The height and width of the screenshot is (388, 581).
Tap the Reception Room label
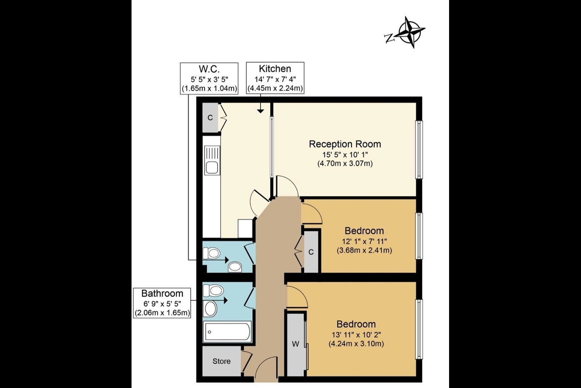345,144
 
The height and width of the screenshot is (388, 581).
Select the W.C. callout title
209,69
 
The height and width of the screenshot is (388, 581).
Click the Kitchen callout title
275,69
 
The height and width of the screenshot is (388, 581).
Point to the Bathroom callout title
162,293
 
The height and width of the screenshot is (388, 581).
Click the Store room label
222,361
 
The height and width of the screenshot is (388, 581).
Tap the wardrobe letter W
295,344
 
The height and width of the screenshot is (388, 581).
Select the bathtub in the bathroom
227,331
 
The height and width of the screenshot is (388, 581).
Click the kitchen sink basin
212,167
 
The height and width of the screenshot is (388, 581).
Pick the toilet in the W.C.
211,253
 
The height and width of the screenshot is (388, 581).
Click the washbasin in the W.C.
235,267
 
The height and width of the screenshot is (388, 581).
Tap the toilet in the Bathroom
213,291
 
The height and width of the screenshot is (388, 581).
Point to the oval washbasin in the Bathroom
211,309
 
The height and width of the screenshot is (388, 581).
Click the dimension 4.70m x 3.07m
345,163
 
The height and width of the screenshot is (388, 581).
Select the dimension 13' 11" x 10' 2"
356,335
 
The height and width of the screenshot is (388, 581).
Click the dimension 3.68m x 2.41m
364,250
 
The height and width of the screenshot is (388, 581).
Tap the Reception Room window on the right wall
419,150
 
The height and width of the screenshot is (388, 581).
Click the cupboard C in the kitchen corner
210,118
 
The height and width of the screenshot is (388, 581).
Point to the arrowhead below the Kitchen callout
260,111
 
